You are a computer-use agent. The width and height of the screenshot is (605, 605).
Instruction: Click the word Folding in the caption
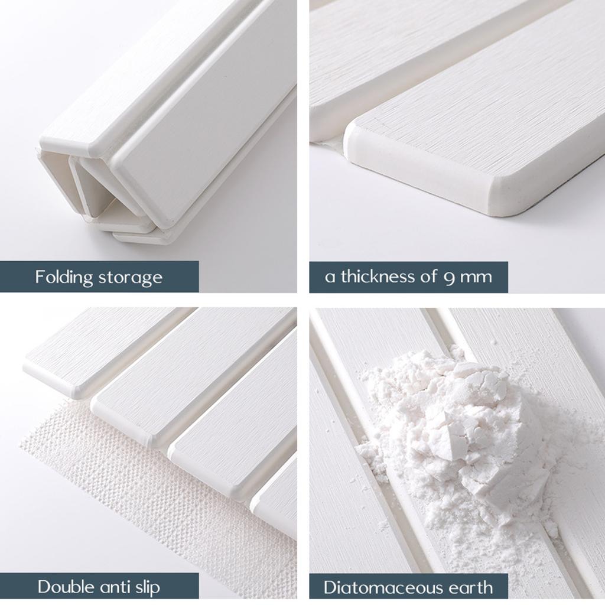click(x=63, y=277)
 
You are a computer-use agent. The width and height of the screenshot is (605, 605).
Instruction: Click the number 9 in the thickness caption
click(x=449, y=277)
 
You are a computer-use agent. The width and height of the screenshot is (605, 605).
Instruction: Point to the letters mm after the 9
click(x=476, y=277)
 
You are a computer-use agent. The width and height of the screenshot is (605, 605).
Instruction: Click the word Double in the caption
click(x=66, y=587)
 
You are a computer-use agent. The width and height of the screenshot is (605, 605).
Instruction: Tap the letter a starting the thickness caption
click(x=330, y=277)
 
